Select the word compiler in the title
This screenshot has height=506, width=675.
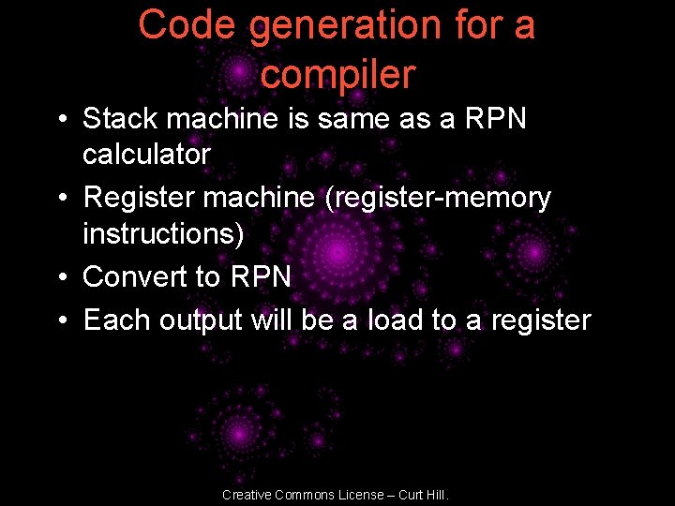(337, 74)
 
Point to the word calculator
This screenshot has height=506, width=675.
(146, 154)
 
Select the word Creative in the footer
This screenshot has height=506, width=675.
(246, 494)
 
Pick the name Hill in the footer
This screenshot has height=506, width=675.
(437, 494)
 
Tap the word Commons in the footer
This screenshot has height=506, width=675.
(302, 494)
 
